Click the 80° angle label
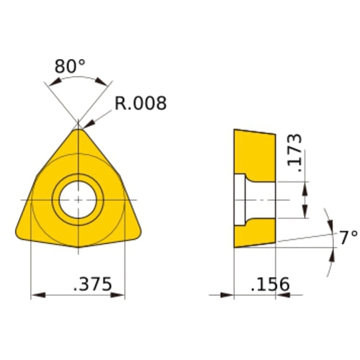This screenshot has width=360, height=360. tap(70, 66)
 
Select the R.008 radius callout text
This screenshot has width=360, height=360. tap(140, 104)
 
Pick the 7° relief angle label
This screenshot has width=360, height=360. tap(349, 238)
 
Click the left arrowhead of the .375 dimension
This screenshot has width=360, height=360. tap(37, 294)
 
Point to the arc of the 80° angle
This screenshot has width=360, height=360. tap(77, 81)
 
